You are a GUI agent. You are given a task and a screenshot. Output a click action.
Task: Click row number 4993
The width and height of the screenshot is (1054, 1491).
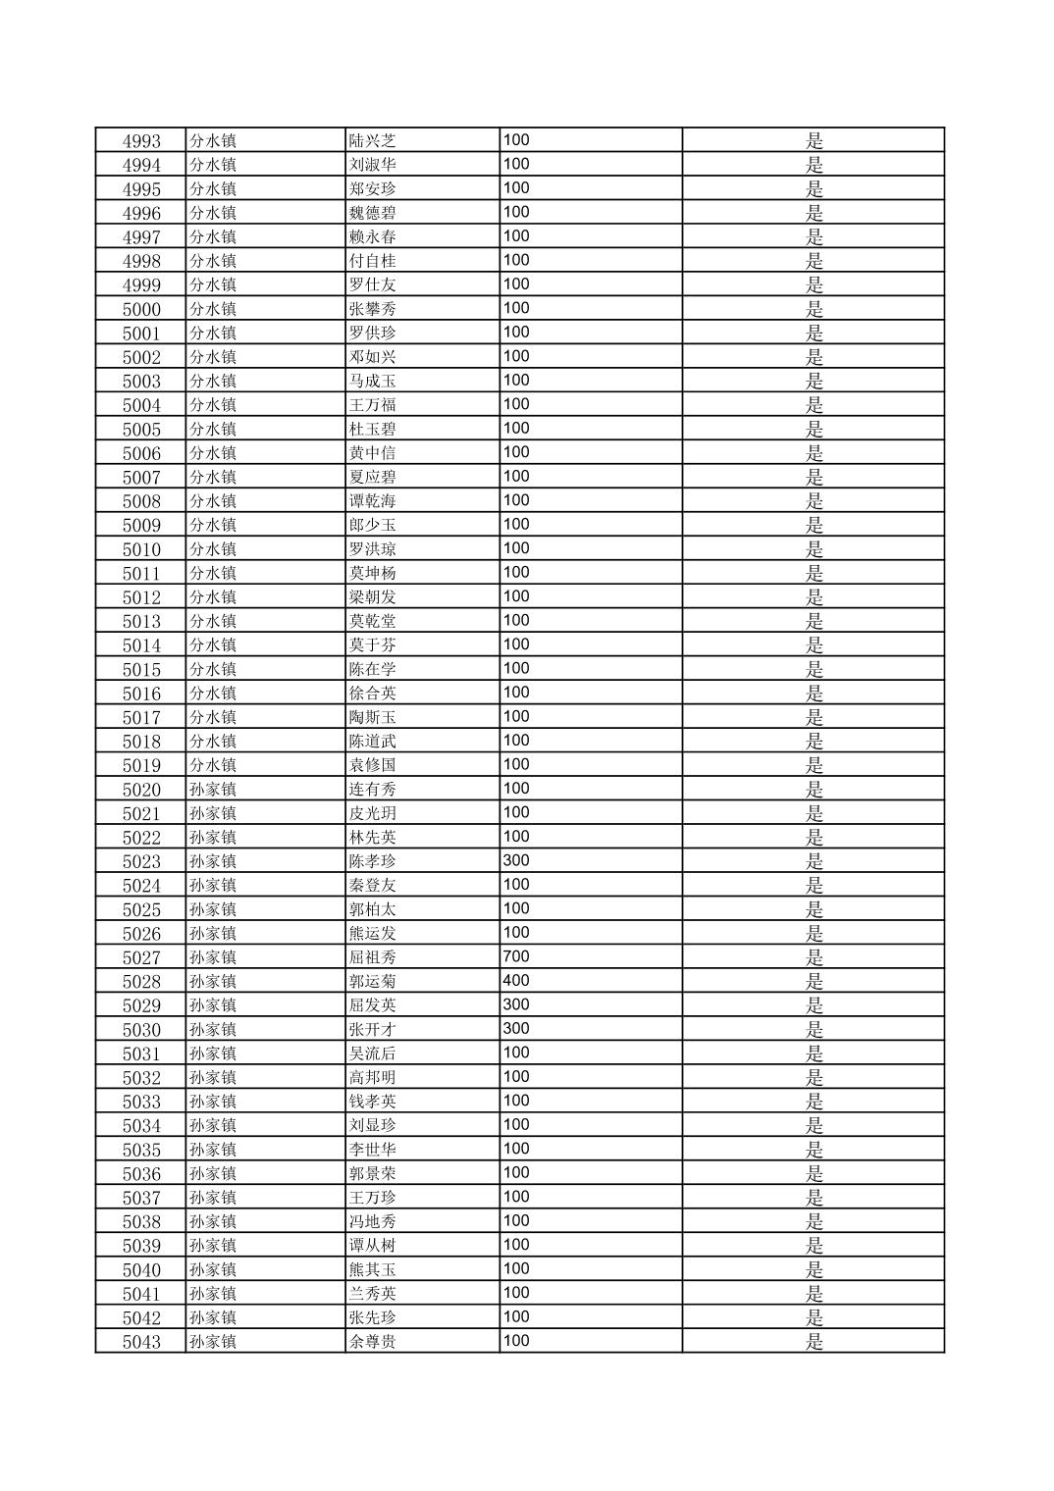[141, 141]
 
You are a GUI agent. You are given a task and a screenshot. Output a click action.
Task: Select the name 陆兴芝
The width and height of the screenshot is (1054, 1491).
[372, 141]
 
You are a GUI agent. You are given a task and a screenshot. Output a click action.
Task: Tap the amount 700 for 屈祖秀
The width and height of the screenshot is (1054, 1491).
[516, 956]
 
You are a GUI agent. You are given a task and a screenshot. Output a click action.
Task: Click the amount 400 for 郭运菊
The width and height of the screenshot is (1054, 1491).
[516, 981]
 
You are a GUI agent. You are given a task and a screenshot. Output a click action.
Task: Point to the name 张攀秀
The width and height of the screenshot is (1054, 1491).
[372, 309]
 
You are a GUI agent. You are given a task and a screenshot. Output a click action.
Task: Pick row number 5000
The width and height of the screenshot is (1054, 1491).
[141, 309]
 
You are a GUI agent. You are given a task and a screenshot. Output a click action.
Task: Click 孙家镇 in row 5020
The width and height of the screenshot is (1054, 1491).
[213, 790]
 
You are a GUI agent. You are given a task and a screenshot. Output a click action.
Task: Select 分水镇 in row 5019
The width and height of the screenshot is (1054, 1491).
[213, 765]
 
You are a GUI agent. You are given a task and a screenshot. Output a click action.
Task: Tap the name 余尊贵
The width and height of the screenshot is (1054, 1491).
[372, 1342]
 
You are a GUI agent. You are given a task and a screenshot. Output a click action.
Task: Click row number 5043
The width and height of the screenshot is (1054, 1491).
[141, 1342]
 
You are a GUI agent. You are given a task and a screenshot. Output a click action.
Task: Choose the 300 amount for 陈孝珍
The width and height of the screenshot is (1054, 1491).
[516, 860]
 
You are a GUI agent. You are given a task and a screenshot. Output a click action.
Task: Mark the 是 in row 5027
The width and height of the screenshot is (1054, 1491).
[815, 957]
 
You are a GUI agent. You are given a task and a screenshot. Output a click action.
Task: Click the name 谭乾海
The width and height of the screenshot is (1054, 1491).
[372, 501]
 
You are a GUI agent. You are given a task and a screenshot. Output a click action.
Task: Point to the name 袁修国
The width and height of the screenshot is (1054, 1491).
[372, 765]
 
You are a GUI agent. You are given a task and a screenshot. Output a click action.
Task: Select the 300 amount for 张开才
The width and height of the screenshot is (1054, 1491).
[516, 1029]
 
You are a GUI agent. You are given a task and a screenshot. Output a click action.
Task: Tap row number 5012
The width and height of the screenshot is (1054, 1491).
[141, 597]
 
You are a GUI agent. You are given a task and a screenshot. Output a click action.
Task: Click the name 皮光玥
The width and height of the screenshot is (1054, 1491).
[372, 813]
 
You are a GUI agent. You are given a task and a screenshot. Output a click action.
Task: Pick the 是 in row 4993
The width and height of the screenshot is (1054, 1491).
[815, 141]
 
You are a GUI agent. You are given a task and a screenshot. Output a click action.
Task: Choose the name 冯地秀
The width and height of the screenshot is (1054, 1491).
[372, 1222]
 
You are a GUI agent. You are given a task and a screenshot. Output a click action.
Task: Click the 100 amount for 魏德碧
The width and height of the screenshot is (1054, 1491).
[516, 213]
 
